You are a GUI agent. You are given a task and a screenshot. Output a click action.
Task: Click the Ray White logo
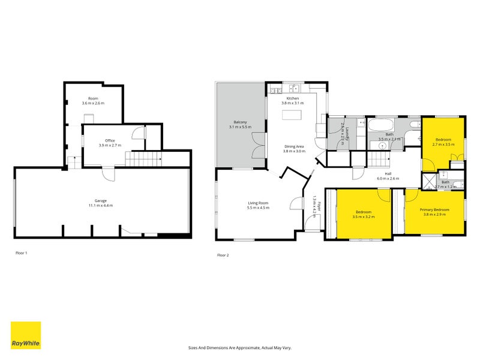click(x=26, y=335)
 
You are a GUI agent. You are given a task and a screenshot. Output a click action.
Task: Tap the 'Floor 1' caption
click(x=21, y=253)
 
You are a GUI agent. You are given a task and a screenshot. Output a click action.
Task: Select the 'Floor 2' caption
click(x=223, y=255)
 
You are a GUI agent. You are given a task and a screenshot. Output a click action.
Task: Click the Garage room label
click(x=100, y=202)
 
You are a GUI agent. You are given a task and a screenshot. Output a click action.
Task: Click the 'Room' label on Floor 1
click(x=93, y=98)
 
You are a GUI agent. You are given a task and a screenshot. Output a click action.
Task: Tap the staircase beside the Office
click(x=144, y=158)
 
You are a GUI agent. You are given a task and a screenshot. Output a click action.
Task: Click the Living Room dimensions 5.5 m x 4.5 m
click(x=259, y=208)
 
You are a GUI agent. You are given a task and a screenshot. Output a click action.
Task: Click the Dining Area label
click(x=295, y=146)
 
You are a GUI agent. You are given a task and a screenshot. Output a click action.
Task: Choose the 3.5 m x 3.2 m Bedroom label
click(x=364, y=214)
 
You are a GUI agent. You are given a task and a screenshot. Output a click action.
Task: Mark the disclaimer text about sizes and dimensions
click(x=239, y=347)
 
